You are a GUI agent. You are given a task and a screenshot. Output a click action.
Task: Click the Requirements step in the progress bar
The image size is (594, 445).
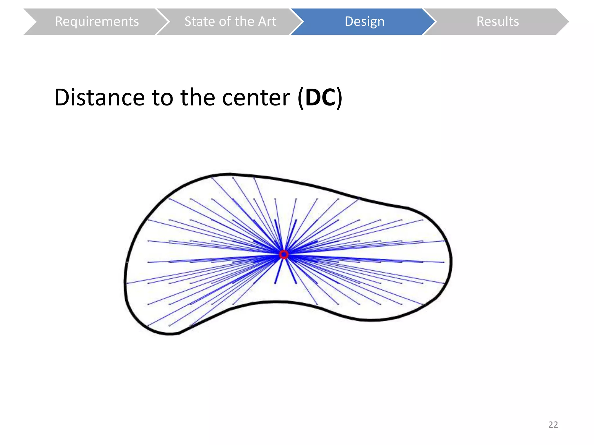[97, 21]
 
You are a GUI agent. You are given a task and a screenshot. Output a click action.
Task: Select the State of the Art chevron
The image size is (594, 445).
[230, 21]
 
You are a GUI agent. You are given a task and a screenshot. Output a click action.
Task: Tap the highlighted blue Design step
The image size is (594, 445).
[364, 21]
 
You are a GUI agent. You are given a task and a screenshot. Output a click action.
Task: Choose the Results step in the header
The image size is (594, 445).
[498, 21]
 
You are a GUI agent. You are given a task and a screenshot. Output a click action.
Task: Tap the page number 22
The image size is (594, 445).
[553, 424]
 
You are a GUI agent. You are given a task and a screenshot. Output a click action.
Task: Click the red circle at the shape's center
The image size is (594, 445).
[284, 255]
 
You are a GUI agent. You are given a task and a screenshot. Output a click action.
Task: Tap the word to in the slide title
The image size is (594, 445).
[162, 98]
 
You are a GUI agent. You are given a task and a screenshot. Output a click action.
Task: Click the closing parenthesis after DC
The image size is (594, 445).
[339, 98]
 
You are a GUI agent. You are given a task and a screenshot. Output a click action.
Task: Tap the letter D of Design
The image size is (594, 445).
[349, 21]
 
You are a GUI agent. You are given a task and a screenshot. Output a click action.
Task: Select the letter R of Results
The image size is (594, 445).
[480, 21]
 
